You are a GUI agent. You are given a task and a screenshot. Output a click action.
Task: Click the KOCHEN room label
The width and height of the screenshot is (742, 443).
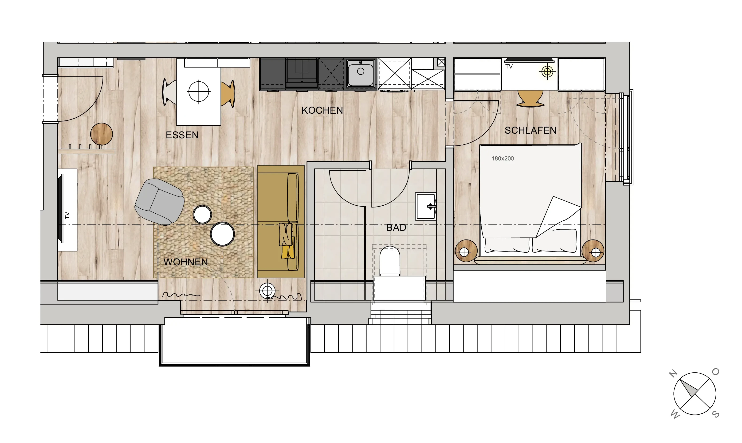click(x=322, y=110)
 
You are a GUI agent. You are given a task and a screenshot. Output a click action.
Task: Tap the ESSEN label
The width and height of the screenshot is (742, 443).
click(x=182, y=135)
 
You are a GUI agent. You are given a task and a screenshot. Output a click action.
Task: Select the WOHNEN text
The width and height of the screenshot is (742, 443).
click(x=185, y=262)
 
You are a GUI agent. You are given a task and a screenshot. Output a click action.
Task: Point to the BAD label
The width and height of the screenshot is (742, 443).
click(x=396, y=228)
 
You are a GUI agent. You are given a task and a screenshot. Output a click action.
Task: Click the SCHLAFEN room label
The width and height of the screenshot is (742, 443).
click(x=530, y=130)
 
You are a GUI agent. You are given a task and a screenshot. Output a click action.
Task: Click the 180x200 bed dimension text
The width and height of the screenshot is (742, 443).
click(x=503, y=159)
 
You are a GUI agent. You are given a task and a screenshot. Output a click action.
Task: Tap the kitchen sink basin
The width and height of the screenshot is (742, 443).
click(x=361, y=73)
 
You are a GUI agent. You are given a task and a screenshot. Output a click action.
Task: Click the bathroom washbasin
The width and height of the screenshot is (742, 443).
click(x=426, y=206)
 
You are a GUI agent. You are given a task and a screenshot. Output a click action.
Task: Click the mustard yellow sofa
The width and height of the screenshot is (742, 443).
click(x=281, y=222)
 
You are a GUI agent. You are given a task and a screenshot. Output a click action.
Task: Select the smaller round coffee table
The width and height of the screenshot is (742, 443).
click(x=202, y=214)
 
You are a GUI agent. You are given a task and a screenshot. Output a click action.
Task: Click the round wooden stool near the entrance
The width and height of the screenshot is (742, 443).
click(x=101, y=134)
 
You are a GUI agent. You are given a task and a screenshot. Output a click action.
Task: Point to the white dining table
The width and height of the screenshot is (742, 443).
click(x=199, y=92)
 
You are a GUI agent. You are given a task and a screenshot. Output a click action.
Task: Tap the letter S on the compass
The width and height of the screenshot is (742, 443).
click(x=716, y=414)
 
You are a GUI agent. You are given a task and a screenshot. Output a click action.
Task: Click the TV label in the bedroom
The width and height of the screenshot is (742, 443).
click(x=509, y=67)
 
